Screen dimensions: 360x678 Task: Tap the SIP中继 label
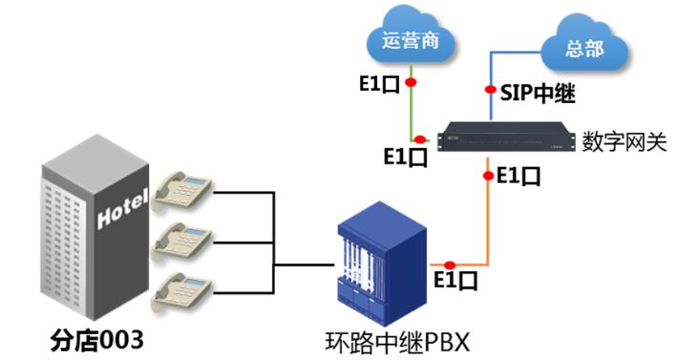click(x=540, y=94)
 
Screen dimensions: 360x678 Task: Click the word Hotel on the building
click(x=122, y=206)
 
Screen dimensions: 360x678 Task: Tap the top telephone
click(x=182, y=190)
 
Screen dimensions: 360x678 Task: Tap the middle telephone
click(x=182, y=240)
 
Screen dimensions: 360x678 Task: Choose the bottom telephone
click(x=182, y=288)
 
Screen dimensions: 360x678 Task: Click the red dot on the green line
click(x=411, y=84)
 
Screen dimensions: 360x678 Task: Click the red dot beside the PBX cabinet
click(x=449, y=265)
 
